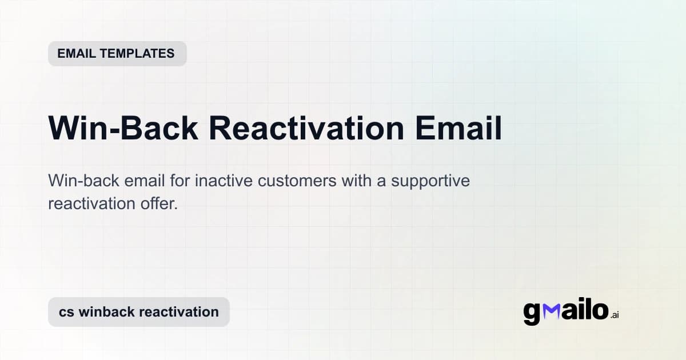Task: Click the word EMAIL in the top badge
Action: click(77, 54)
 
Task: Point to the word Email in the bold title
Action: click(458, 129)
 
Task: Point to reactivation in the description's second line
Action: click(94, 203)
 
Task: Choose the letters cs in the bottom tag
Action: click(66, 312)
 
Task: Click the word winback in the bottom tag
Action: click(106, 312)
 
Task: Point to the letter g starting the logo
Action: click(532, 313)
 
